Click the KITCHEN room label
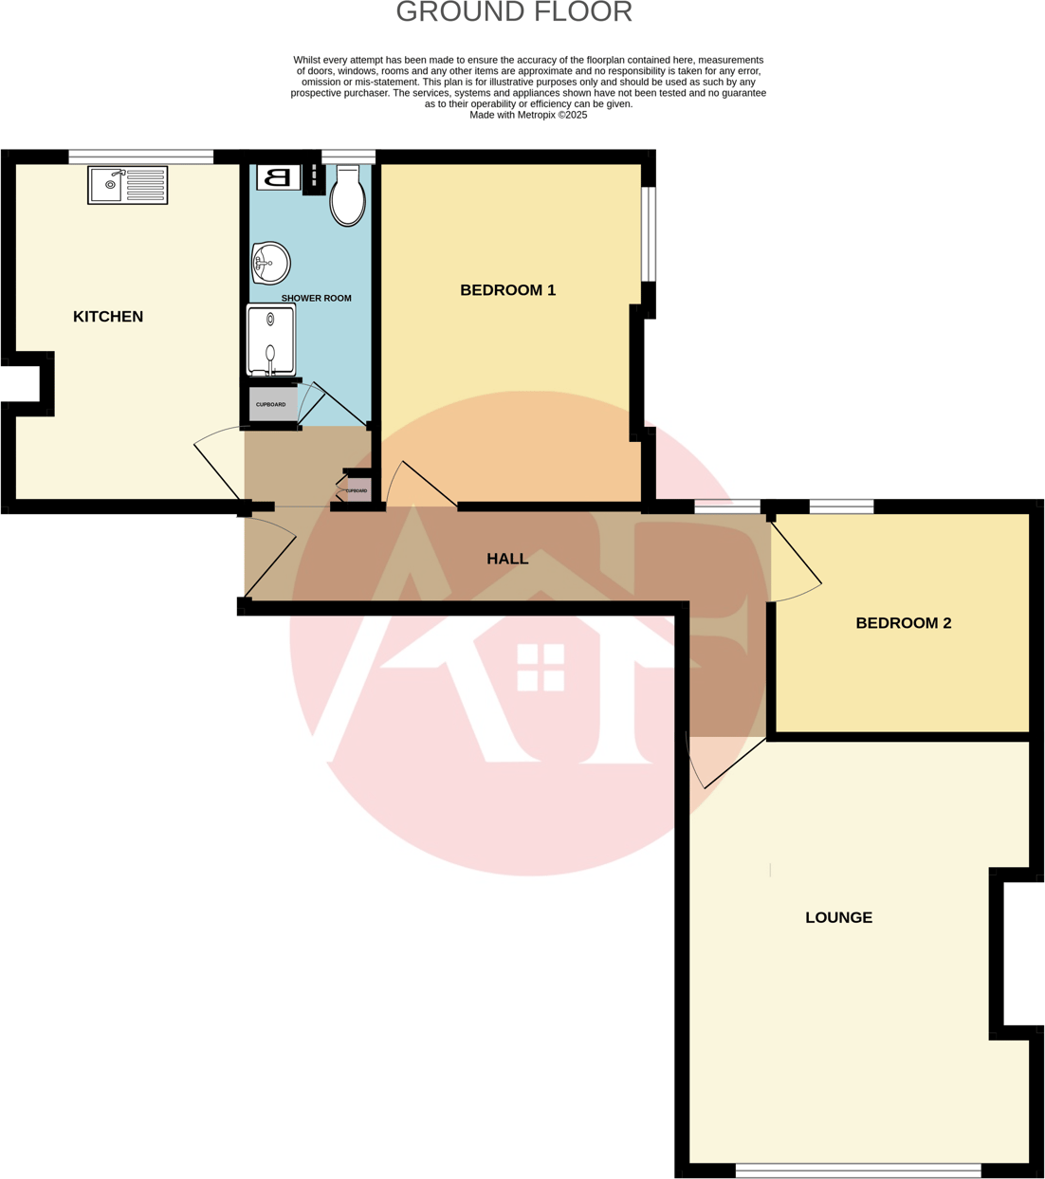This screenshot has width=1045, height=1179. coord(108,317)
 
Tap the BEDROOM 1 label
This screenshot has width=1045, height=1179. coord(507,290)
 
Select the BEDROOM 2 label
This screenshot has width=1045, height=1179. coord(903,623)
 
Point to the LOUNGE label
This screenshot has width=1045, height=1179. coord(838,917)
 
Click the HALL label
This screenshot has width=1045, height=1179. coord(507,559)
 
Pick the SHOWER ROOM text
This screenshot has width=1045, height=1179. coord(316,298)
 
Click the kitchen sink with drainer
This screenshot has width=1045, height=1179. coord(128,185)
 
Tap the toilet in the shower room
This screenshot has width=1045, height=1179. coord(348,196)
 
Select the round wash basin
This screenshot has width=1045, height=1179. coord(270,263)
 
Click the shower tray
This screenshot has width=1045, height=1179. coord(271,340)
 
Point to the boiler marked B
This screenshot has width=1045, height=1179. coord(278,177)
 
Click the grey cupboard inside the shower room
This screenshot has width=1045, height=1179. coord(271,405)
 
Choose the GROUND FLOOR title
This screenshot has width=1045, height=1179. coord(513,12)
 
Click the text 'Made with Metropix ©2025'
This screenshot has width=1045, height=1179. coord(528,115)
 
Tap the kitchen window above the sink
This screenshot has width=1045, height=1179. coord(140,157)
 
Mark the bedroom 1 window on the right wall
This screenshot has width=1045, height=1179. coord(649,234)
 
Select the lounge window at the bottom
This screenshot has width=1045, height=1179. coord(858,1170)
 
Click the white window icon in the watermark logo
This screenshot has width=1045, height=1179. coord(541,667)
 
